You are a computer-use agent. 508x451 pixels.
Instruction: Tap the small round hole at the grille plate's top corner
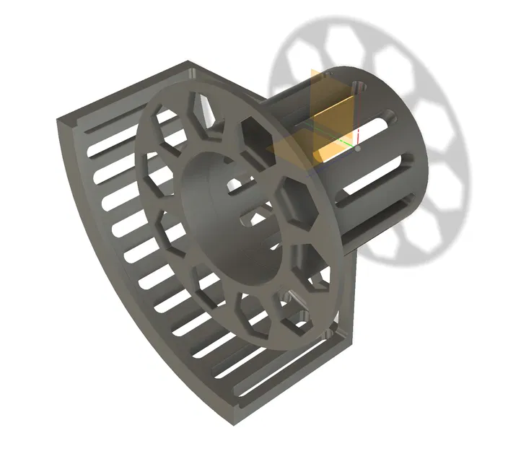191,74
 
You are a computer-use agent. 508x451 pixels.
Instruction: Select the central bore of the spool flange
231,216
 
